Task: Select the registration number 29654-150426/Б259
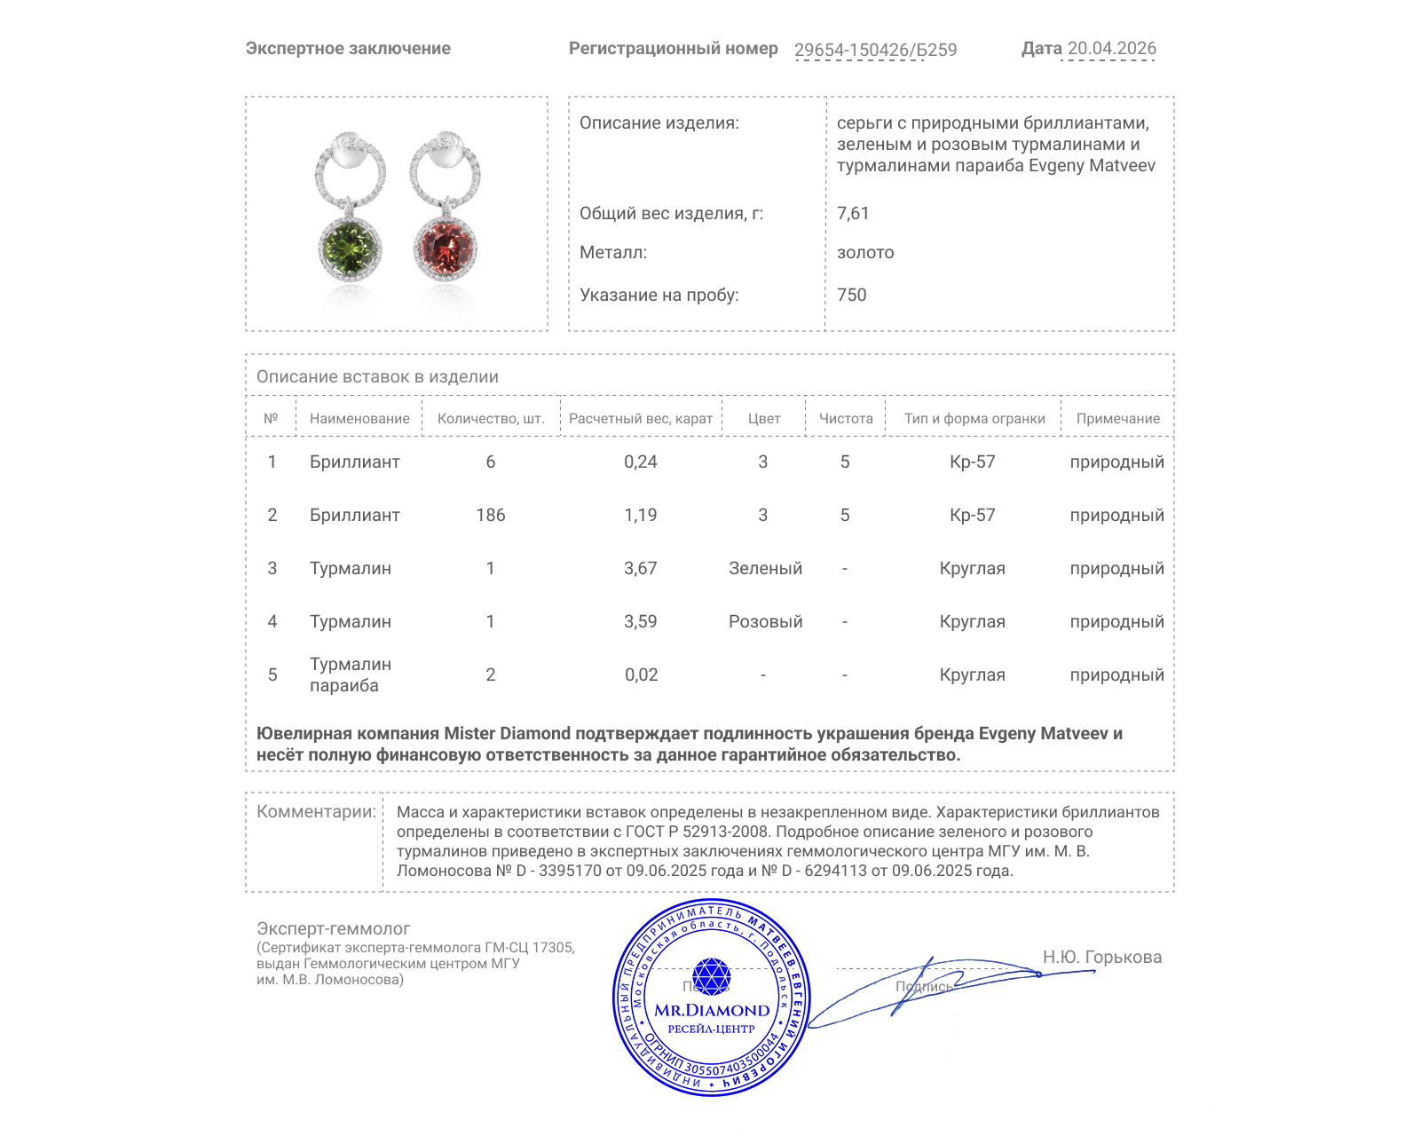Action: coord(875,50)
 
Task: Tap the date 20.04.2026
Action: coord(1111,49)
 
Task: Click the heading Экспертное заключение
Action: coord(348,49)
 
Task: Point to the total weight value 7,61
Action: coord(853,213)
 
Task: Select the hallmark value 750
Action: coord(851,295)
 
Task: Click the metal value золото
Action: coord(865,253)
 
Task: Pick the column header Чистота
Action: coord(846,419)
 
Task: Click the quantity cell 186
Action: coord(491,515)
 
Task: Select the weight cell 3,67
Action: coord(640,568)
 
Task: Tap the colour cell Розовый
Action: coord(765,621)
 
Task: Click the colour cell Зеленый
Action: coord(765,568)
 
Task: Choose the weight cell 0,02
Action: coord(641,674)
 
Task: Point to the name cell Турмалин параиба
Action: coord(350,674)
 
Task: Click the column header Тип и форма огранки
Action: coord(974,419)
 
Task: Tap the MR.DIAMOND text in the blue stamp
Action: coord(712,1010)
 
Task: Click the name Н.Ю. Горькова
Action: coord(1101,957)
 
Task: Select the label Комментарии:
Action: coord(316,811)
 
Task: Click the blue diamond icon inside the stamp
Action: coord(711,976)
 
